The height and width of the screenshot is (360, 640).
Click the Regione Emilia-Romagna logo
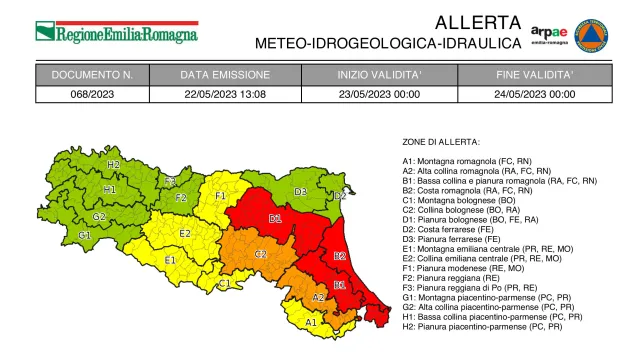tap(116, 32)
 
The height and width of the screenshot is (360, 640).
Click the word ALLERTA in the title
tap(479, 22)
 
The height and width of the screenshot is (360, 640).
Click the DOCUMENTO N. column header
tap(92, 75)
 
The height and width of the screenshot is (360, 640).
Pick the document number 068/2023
tap(92, 94)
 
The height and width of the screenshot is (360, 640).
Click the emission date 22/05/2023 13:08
tap(225, 94)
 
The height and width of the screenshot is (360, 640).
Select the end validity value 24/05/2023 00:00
tap(535, 94)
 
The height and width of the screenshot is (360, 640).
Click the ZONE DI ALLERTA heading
tap(441, 142)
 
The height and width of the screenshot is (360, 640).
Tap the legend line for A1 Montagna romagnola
tap(480, 161)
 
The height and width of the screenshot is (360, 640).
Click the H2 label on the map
tap(113, 164)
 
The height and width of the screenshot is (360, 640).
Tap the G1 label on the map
tap(85, 235)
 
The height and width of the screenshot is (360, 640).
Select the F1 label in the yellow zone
tap(221, 195)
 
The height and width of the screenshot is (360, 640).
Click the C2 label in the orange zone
tap(260, 254)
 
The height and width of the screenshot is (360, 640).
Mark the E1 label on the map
tap(170, 260)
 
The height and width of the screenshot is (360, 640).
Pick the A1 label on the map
tap(310, 322)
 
